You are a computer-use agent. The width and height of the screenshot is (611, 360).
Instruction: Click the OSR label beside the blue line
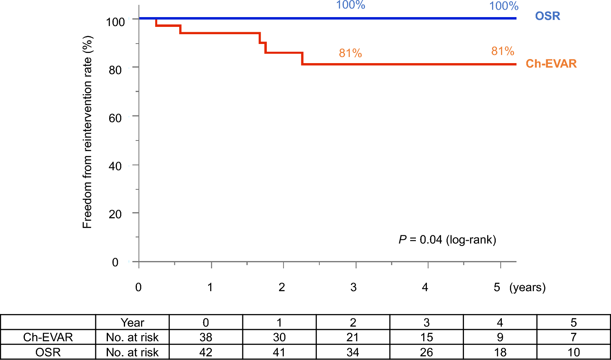[x=547, y=16]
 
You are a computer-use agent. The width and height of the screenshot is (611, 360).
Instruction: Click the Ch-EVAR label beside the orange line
[x=551, y=64]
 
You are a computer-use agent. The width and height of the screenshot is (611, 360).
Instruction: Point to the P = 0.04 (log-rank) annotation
[x=447, y=239]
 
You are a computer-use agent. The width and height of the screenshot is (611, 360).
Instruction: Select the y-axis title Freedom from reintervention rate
[x=88, y=132]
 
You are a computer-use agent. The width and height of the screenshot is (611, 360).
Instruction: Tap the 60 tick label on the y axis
[x=115, y=118]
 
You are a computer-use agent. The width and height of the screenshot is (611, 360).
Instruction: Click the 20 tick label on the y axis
[x=115, y=214]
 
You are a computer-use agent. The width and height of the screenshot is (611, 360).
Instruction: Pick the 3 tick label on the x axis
[x=353, y=287]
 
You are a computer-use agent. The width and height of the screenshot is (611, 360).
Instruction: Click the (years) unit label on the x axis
[x=527, y=287]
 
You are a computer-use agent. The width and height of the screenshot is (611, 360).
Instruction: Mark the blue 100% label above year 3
[x=350, y=5]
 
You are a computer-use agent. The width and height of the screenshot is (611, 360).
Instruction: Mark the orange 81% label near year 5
[x=503, y=51]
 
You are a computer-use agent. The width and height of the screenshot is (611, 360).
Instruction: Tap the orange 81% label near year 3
[x=350, y=53]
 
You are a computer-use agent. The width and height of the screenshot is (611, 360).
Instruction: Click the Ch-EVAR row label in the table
[x=48, y=337]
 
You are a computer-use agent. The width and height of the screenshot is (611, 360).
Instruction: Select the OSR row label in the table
[x=48, y=352]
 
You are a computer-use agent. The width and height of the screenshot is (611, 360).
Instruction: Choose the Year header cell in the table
[x=132, y=323]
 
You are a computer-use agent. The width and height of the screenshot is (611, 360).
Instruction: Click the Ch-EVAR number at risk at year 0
[x=206, y=337]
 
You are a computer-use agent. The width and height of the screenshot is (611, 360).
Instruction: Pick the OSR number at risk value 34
[x=353, y=352]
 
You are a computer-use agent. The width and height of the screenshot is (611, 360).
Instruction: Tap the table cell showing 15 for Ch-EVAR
[x=426, y=337]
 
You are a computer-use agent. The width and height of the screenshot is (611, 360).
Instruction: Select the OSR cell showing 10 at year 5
[x=574, y=352]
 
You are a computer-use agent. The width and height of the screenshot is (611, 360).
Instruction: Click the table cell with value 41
[x=279, y=352]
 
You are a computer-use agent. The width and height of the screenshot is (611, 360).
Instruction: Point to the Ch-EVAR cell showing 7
[x=574, y=337]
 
